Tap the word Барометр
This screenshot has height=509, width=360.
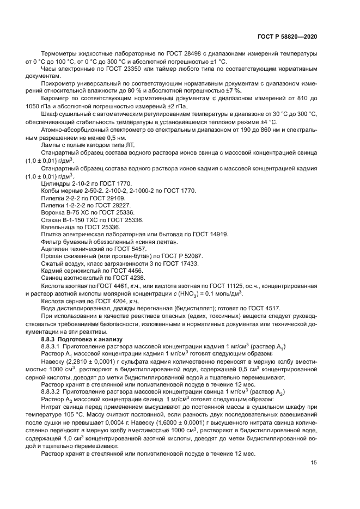55,99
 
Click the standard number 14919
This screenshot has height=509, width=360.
216,234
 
